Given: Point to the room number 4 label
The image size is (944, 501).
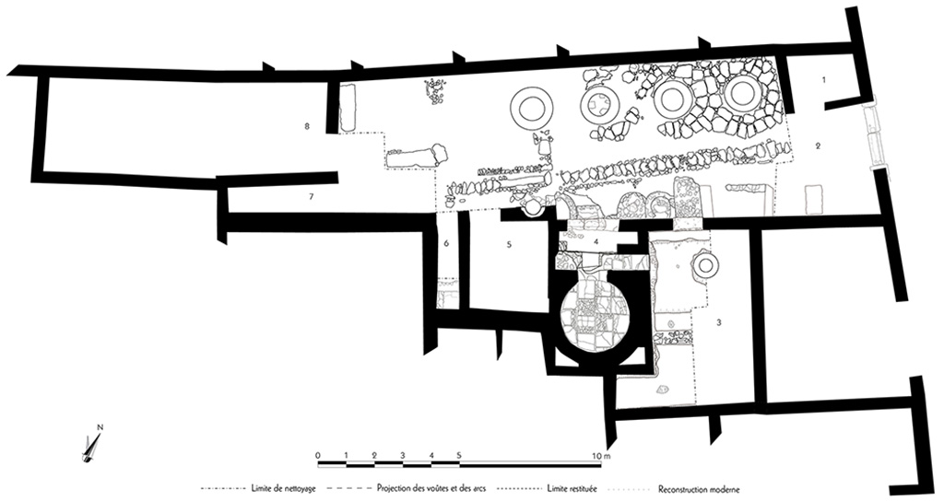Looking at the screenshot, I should tap(597, 241).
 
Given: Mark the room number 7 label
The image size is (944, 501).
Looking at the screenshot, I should tap(312, 197).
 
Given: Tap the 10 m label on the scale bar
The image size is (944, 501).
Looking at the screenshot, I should tap(601, 456).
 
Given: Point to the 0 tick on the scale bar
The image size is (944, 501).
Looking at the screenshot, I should tap(316, 456).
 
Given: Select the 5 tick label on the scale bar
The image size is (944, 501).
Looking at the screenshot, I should tap(459, 456).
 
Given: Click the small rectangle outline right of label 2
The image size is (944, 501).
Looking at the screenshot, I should tap(813, 200).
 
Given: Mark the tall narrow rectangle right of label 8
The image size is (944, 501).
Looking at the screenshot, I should tap(347, 108).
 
